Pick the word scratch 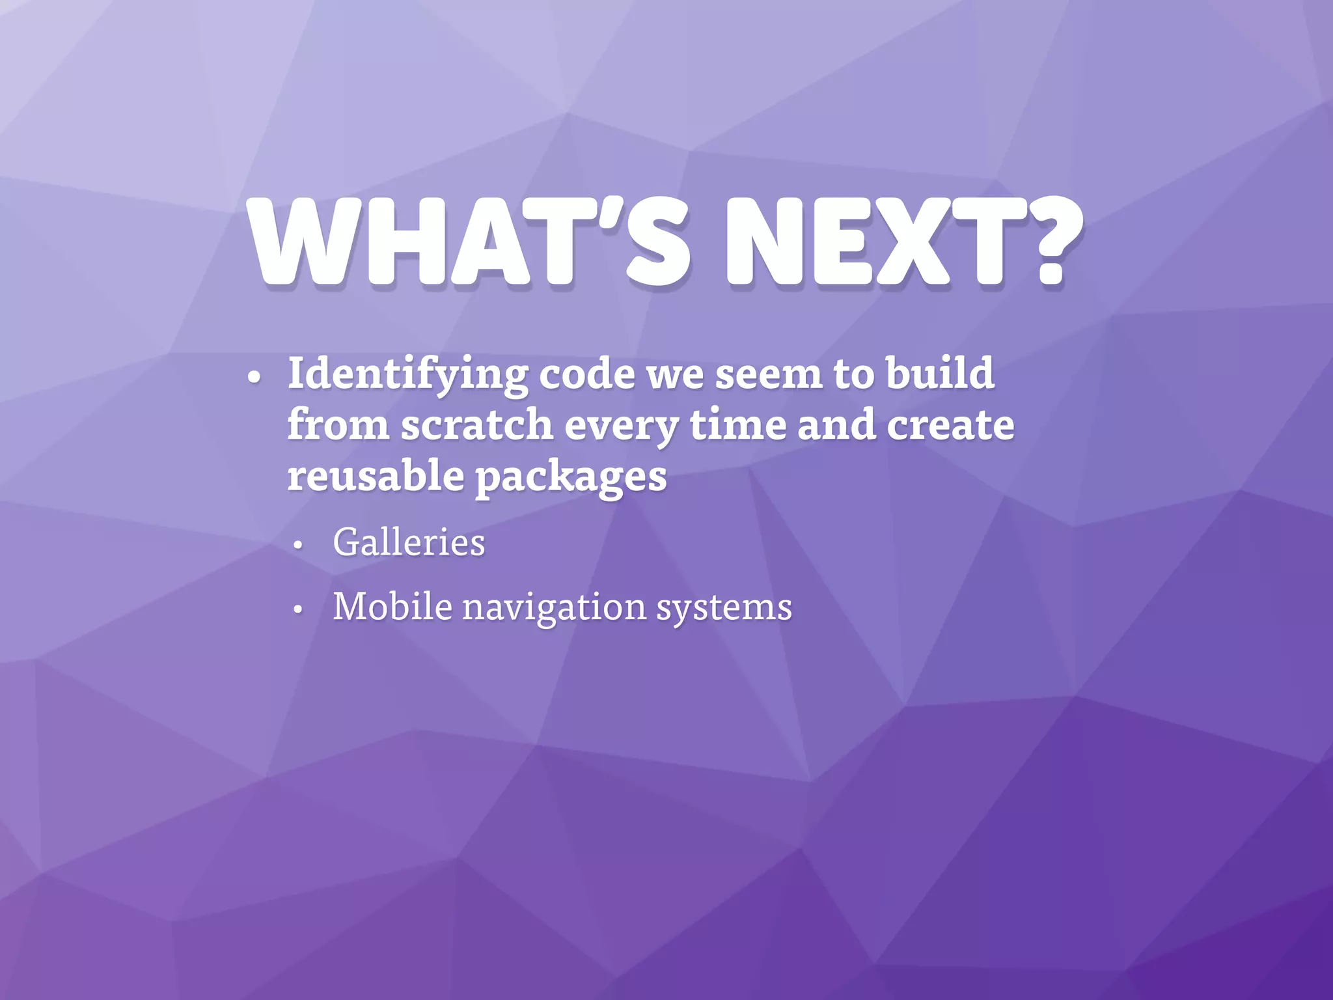pyautogui.click(x=477, y=424)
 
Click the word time pyautogui.click(x=737, y=424)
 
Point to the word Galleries pyautogui.click(x=409, y=542)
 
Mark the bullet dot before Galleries pyautogui.click(x=298, y=546)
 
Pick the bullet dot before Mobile pyautogui.click(x=298, y=610)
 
